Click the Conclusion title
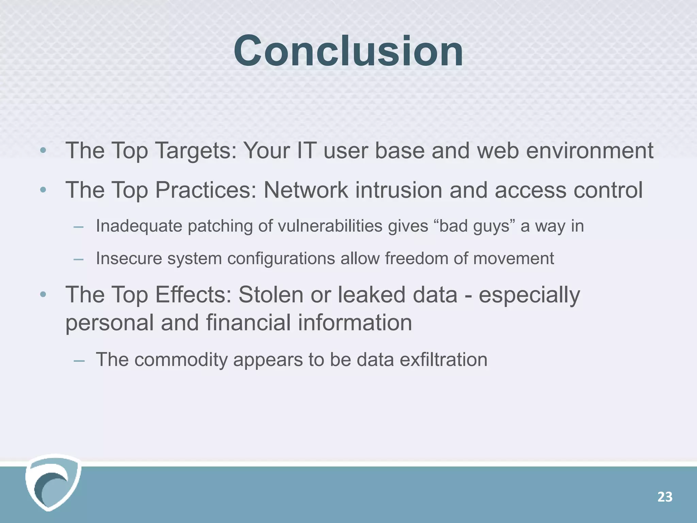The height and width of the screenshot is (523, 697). point(348,51)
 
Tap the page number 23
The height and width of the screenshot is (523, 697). point(665,497)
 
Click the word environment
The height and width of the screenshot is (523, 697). point(589,151)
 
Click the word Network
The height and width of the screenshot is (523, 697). point(306,190)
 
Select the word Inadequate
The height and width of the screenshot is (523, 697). point(139,226)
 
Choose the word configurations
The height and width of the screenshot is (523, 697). point(281,258)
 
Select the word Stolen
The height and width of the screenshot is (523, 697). point(271,295)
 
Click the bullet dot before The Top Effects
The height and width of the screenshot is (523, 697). point(43,295)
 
